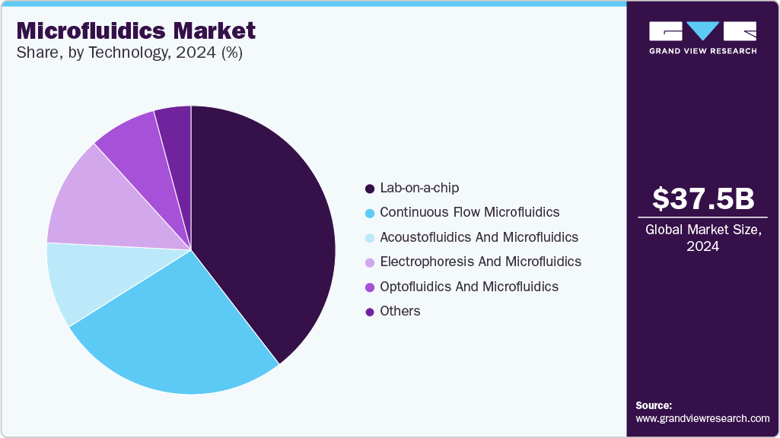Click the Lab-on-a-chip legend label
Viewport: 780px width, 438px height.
pos(419,188)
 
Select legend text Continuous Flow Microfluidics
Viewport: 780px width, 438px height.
pos(470,212)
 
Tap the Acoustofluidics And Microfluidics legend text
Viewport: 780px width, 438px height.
pos(479,237)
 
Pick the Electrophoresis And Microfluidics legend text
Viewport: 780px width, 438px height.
pos(480,262)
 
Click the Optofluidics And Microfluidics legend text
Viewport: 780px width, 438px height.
pos(469,287)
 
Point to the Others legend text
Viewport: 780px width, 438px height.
pos(400,311)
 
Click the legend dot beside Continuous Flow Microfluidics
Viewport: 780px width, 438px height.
pos(370,213)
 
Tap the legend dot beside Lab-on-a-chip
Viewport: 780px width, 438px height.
pos(370,189)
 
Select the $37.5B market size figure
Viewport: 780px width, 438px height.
pos(703,198)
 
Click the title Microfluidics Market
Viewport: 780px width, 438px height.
pos(136,31)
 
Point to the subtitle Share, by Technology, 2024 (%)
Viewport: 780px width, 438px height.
pos(129,53)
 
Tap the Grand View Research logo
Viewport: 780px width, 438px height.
pos(702,37)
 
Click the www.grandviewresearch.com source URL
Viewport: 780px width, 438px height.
pos(702,418)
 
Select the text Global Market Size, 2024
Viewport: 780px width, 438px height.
pos(703,238)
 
